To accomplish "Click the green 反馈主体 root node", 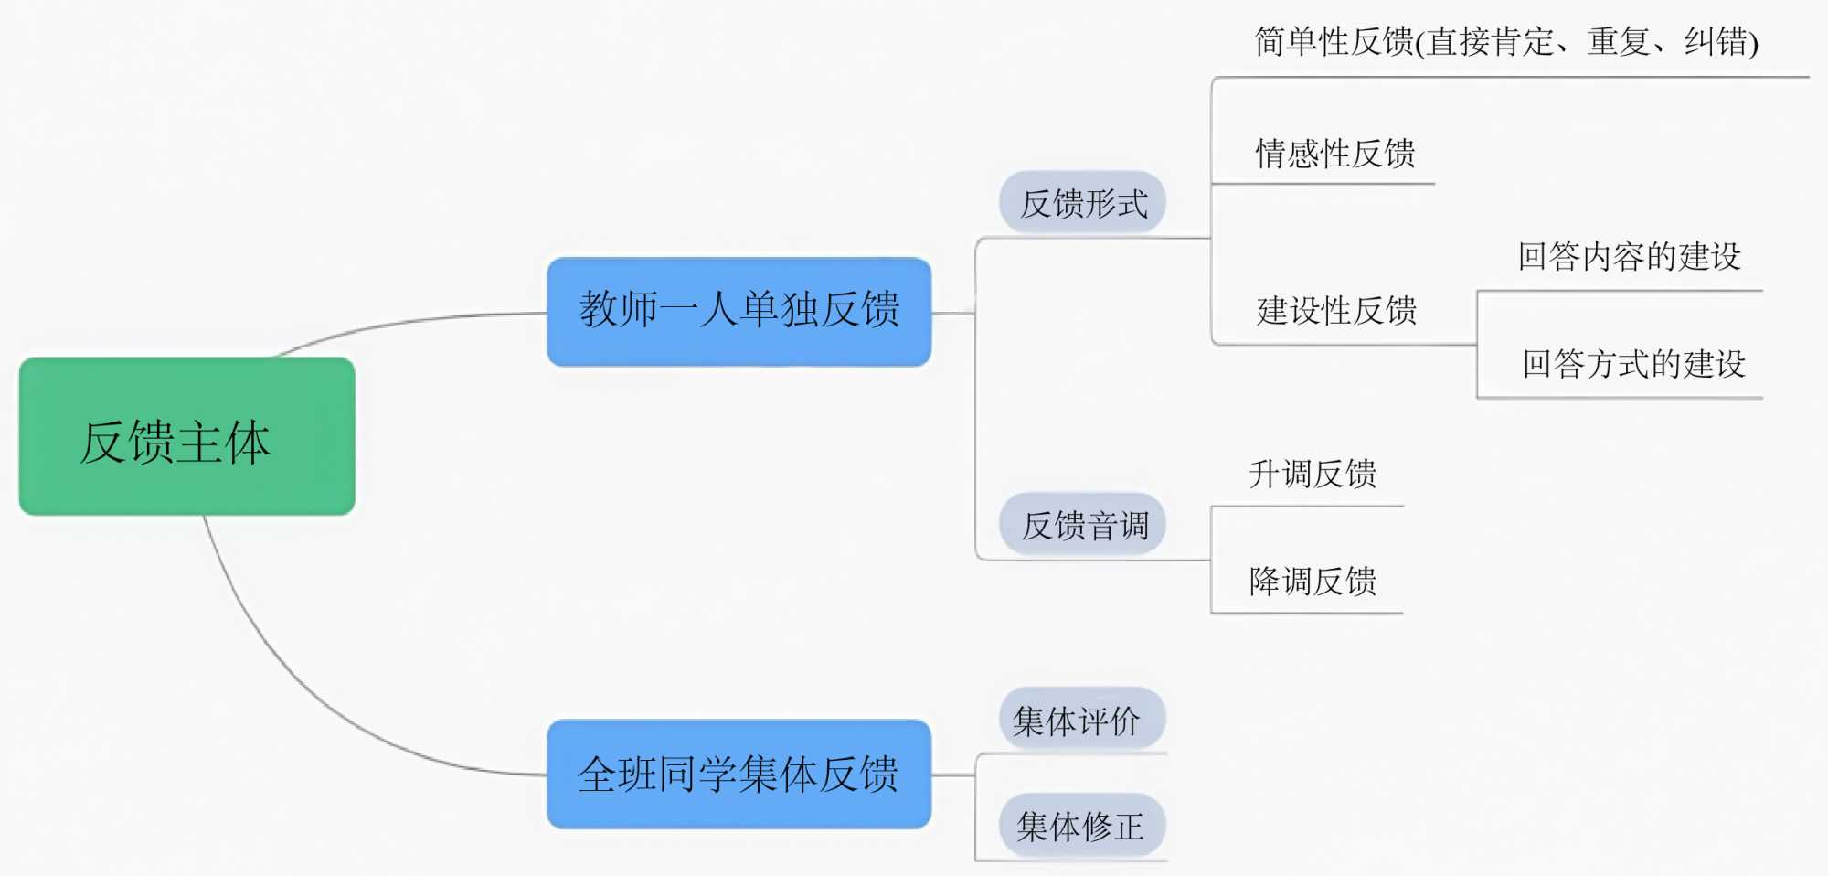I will [x=186, y=437].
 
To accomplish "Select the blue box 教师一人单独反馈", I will [x=739, y=311].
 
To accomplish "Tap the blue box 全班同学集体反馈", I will [x=739, y=774].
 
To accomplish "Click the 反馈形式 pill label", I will [x=1083, y=203].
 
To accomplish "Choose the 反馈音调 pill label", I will [x=1083, y=525].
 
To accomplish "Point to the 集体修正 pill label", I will [x=1080, y=827].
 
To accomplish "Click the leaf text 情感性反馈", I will [x=1335, y=154].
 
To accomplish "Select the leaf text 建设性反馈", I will [x=1336, y=311].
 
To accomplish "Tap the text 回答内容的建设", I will [x=1630, y=257].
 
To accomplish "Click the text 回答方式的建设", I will [x=1633, y=364].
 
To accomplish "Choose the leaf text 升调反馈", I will [x=1313, y=474].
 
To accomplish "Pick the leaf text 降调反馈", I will [x=1313, y=581].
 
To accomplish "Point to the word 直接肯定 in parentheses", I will [x=1490, y=42].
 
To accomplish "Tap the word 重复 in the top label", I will [x=1618, y=42].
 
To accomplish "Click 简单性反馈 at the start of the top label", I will [x=1334, y=42].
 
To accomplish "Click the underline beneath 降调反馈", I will [x=1307, y=613].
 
